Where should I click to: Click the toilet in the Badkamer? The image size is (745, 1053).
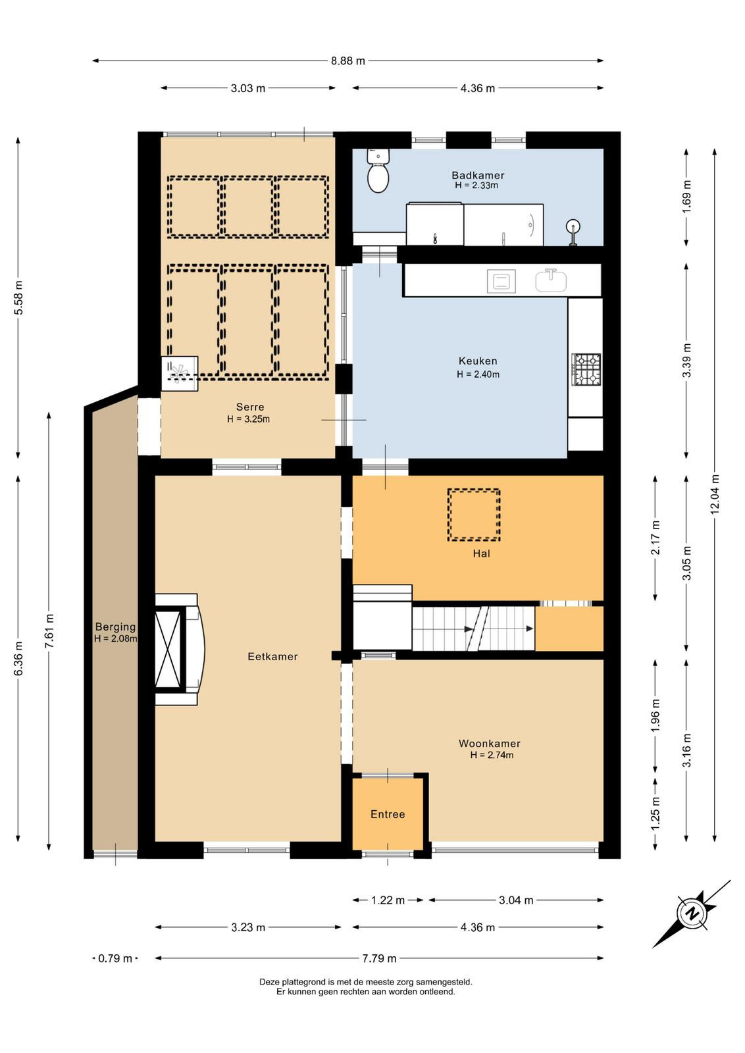point(378,170)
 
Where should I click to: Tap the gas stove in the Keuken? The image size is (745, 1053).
point(586,368)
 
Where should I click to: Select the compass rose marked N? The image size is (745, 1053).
point(692,914)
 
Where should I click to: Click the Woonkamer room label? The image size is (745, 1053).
point(489,743)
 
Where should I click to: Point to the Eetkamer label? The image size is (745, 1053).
point(272,656)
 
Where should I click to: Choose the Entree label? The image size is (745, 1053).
point(388,814)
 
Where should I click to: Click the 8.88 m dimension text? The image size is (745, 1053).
point(348,61)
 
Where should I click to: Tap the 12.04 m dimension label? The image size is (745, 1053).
point(715,494)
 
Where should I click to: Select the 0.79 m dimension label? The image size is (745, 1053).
point(115,958)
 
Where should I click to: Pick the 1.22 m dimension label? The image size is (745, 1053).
point(388,900)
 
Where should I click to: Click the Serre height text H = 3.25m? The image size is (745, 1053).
point(248,419)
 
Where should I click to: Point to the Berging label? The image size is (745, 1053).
point(115,627)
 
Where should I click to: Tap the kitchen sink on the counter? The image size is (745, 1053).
point(551,280)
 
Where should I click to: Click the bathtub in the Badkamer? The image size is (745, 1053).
point(503,224)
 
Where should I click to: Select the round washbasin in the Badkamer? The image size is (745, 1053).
point(573,226)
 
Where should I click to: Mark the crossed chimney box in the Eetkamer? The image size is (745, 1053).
point(168,649)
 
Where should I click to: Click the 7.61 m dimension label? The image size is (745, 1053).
point(49,631)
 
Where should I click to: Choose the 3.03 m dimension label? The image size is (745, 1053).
point(247,88)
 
